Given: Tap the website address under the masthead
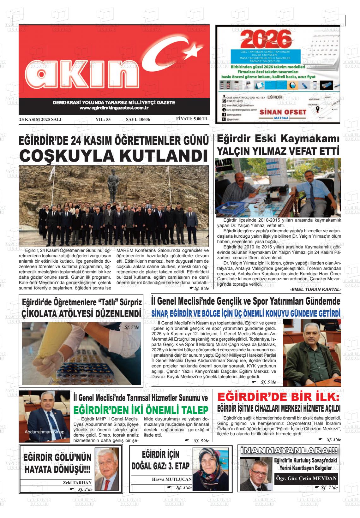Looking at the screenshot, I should click(x=114, y=108).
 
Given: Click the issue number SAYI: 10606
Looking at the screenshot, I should click(x=138, y=119).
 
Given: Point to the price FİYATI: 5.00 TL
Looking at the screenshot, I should click(x=192, y=119).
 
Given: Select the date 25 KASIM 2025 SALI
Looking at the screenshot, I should click(x=40, y=119).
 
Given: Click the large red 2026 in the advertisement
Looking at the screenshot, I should click(x=266, y=39).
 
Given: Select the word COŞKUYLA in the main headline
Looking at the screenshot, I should click(x=68, y=156).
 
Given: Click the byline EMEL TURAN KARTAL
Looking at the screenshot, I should click(x=315, y=289).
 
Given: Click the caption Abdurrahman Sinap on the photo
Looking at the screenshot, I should click(x=44, y=432).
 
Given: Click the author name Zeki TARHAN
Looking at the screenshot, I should click(x=77, y=483).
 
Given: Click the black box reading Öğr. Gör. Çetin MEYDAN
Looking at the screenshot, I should click(x=306, y=478).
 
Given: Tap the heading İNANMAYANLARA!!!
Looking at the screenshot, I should click(x=289, y=450).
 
